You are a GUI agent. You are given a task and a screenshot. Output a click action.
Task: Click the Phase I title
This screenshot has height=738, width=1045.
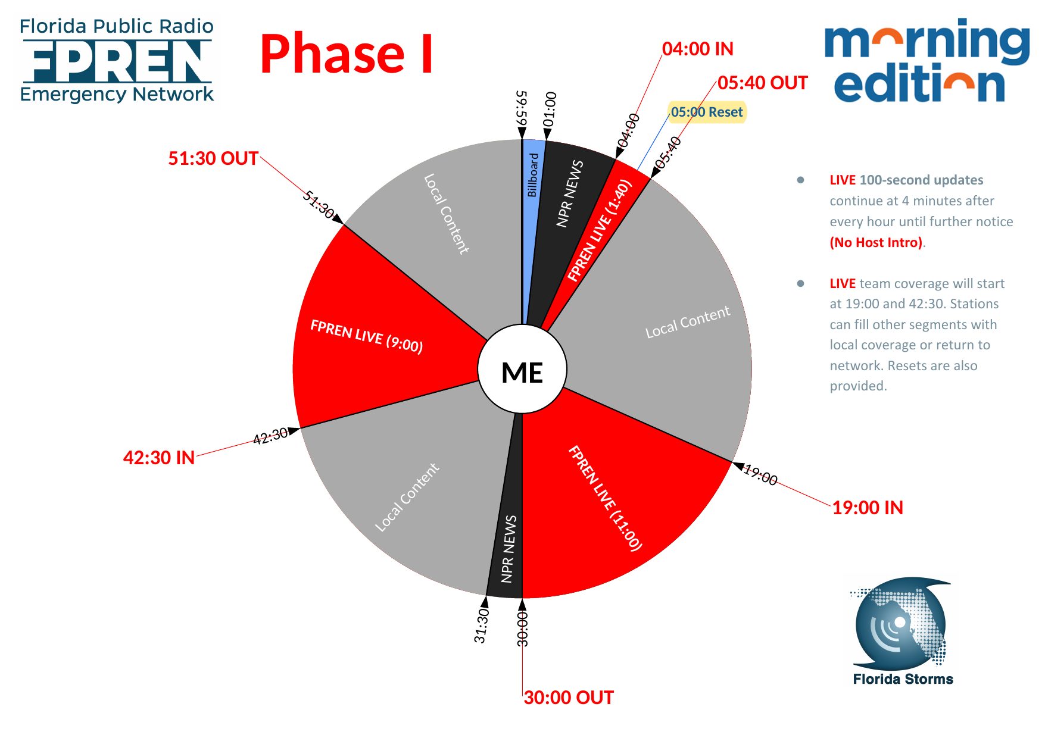pos(347,54)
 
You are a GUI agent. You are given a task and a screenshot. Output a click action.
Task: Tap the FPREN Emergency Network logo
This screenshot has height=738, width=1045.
pos(117,61)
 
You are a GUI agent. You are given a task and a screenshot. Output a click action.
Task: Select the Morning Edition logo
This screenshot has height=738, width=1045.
pos(927,61)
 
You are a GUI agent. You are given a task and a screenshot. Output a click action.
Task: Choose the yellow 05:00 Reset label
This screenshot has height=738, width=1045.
pos(707,112)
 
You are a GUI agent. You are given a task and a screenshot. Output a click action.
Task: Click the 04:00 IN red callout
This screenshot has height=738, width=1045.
pos(697,49)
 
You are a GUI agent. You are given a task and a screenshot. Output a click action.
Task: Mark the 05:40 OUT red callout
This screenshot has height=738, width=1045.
pos(762,83)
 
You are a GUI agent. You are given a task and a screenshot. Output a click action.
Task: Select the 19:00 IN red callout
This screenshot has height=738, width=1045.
pos(867,508)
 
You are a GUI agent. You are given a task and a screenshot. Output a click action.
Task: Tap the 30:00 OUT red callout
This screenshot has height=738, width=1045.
pos(569,698)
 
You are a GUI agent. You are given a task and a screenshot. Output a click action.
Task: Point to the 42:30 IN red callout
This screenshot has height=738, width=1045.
pos(159,458)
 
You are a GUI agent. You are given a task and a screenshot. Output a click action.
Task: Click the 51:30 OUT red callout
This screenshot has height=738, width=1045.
pos(213,158)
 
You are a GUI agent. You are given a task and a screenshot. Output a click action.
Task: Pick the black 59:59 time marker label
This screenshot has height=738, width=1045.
pos(522,107)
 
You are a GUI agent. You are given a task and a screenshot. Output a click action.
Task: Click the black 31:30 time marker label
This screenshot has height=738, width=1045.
pos(481,626)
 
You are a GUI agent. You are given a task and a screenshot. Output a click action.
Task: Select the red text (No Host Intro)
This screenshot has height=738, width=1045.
pos(876,242)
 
